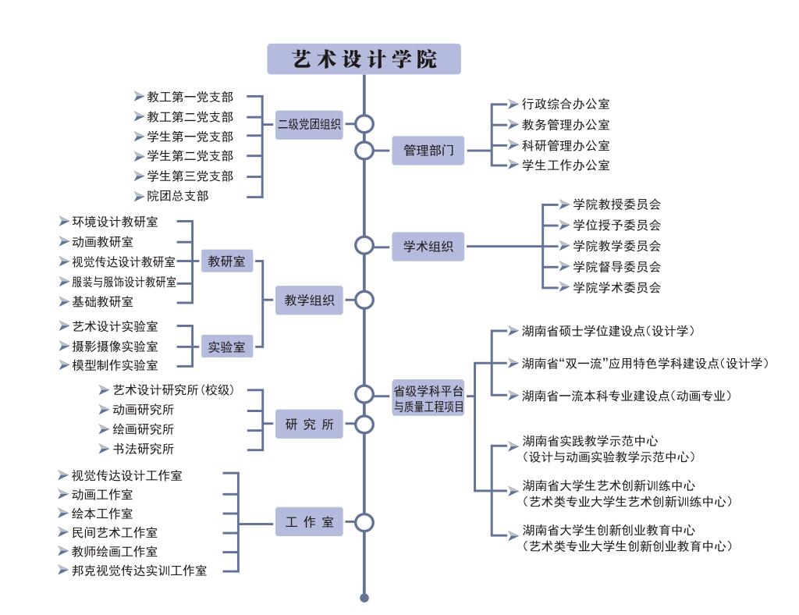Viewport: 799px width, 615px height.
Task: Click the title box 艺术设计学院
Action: [364, 59]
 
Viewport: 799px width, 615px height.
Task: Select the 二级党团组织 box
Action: [310, 123]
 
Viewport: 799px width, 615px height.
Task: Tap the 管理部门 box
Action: [428, 150]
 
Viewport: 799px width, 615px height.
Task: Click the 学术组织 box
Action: [428, 247]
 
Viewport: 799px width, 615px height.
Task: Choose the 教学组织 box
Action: [310, 300]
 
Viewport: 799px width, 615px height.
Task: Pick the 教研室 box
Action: [226, 261]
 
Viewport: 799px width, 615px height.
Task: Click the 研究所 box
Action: [310, 425]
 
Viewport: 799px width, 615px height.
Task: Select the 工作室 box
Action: [310, 522]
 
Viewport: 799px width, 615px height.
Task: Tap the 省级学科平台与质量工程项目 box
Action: [428, 397]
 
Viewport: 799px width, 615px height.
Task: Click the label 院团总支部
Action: [178, 197]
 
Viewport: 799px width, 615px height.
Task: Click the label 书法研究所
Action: [143, 449]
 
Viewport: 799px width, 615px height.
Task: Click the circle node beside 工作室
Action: [364, 522]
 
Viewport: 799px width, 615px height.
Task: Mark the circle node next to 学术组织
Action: [364, 246]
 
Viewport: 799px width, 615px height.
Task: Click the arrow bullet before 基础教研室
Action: [65, 301]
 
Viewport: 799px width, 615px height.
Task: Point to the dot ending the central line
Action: [364, 599]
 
